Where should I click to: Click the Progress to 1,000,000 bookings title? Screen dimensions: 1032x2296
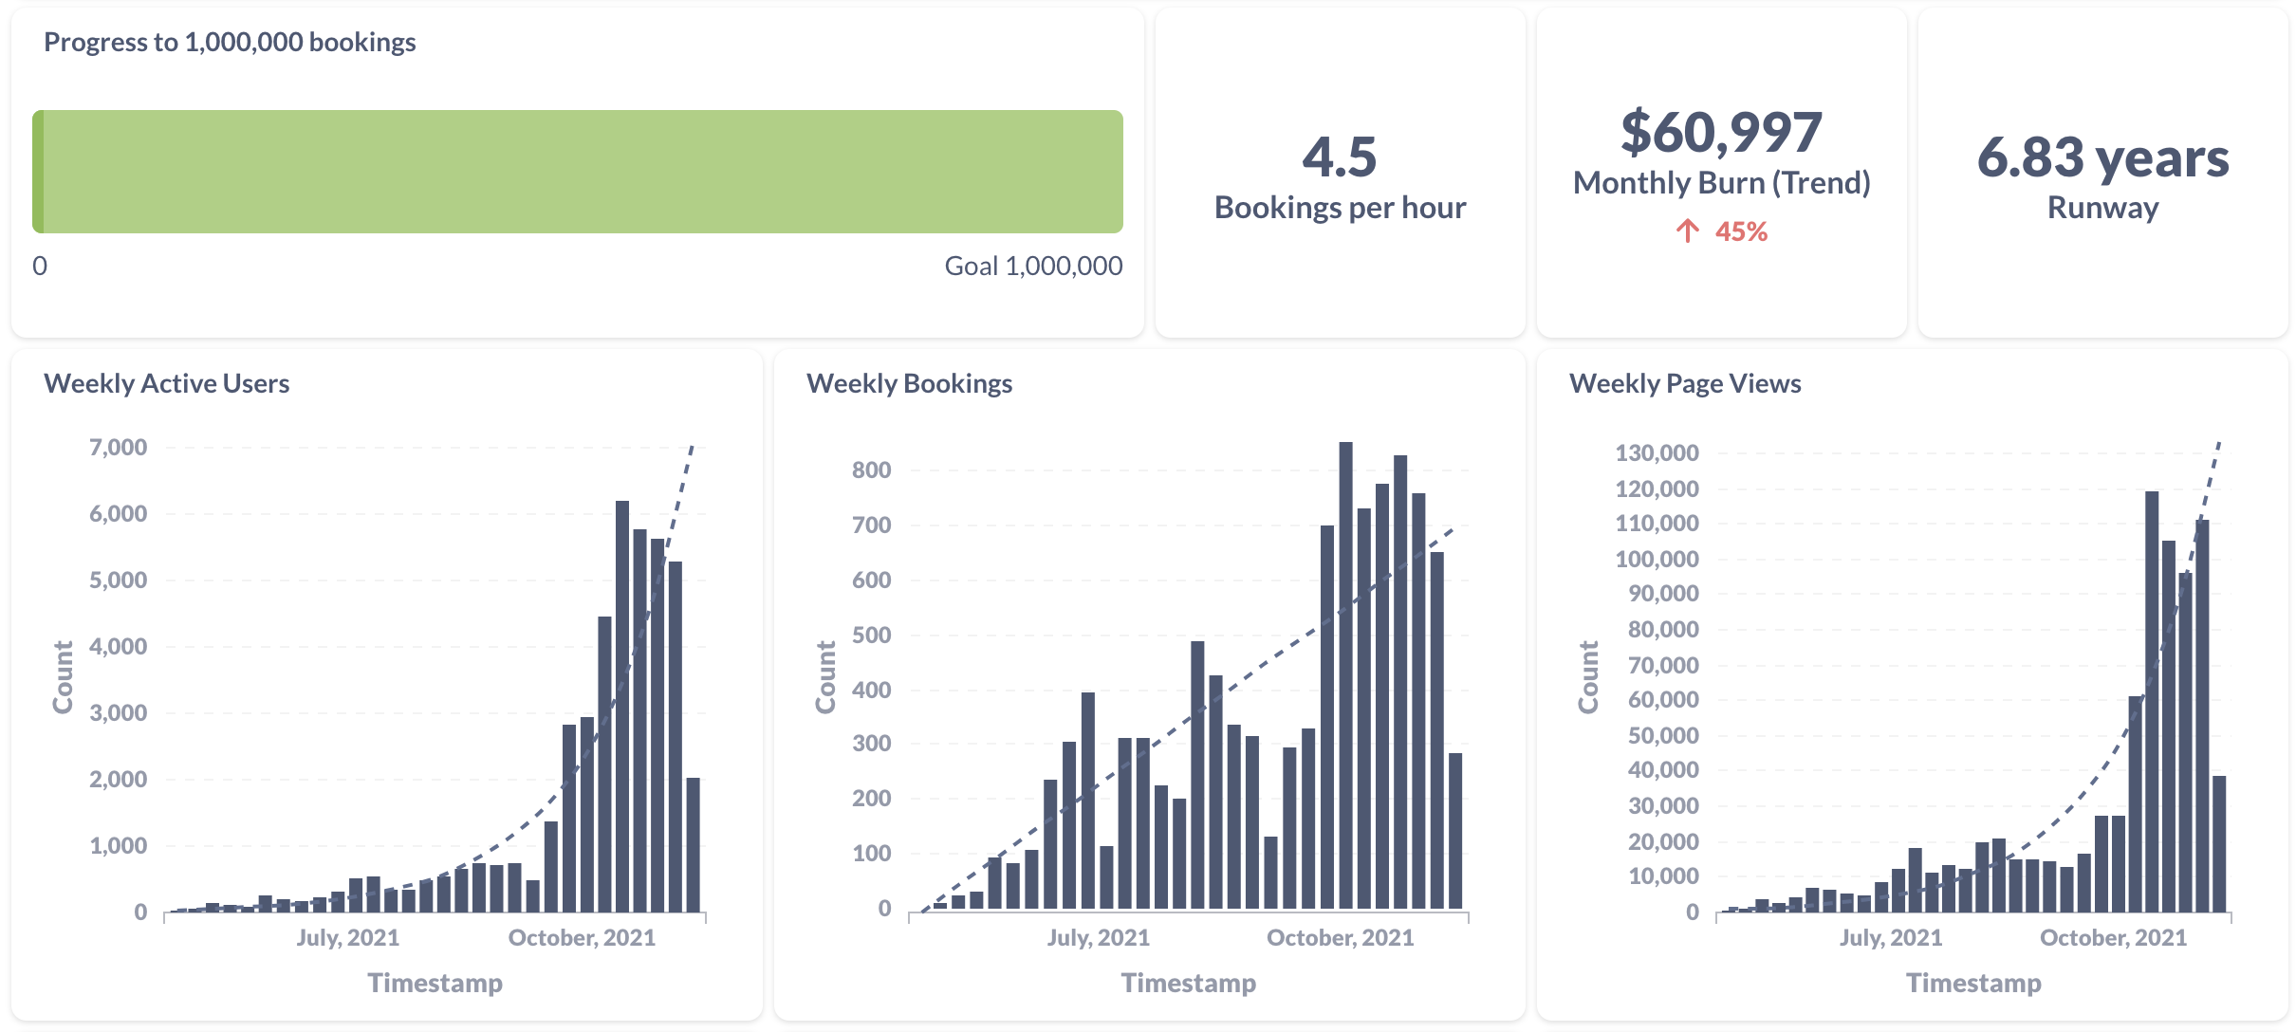(230, 43)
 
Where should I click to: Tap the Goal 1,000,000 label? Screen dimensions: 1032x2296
(1033, 267)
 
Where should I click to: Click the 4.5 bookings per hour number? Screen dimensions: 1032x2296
(1339, 157)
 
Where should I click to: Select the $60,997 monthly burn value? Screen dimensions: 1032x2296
(1721, 133)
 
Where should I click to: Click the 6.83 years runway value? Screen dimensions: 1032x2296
(2102, 157)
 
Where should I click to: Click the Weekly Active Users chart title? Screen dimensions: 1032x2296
(166, 384)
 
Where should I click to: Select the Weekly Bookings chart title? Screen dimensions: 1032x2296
(909, 384)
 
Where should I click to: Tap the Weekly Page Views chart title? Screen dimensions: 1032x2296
(1684, 384)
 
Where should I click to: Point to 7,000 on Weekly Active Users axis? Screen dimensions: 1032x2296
(119, 448)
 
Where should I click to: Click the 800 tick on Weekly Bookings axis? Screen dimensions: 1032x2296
(871, 470)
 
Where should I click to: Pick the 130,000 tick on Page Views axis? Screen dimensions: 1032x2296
(1657, 453)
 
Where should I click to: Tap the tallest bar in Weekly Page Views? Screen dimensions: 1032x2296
(2152, 702)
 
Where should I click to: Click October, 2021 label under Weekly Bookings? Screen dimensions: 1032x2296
(1340, 938)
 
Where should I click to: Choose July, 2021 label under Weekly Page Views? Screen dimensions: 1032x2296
(1891, 938)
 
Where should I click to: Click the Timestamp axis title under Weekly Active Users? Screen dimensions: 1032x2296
(435, 983)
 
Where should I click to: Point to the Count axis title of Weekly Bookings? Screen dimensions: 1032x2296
(825, 676)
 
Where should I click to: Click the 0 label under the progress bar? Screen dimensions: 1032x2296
(40, 267)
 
